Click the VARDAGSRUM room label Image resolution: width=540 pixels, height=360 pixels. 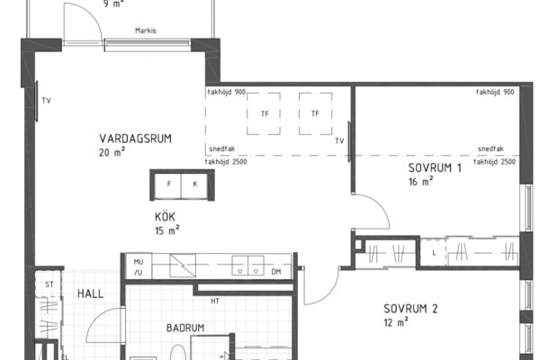(135, 139)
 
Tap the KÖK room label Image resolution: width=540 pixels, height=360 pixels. (165, 217)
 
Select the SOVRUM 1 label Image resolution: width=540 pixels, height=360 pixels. (435, 167)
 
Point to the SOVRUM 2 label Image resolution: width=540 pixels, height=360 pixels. (410, 309)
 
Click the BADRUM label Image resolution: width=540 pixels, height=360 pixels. (185, 328)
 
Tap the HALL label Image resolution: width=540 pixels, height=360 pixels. (90, 294)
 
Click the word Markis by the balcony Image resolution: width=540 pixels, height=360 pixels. (146, 31)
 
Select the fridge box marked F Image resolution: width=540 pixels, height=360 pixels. (168, 185)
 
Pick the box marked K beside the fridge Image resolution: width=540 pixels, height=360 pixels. (194, 185)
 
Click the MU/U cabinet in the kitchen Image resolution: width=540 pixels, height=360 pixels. (138, 267)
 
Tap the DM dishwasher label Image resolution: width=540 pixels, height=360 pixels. (276, 272)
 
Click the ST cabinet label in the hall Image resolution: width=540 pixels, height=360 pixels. (49, 284)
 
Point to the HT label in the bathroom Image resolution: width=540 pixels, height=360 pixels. (215, 301)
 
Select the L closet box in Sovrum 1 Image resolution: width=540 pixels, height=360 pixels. (434, 253)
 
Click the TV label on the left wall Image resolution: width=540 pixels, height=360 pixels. (46, 101)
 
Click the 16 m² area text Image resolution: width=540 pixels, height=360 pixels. (421, 181)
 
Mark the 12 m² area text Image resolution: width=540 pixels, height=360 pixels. (396, 322)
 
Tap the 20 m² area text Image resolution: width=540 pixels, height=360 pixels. (112, 152)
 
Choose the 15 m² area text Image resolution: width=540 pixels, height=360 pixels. (167, 230)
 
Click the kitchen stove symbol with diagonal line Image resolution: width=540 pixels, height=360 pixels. (183, 265)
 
